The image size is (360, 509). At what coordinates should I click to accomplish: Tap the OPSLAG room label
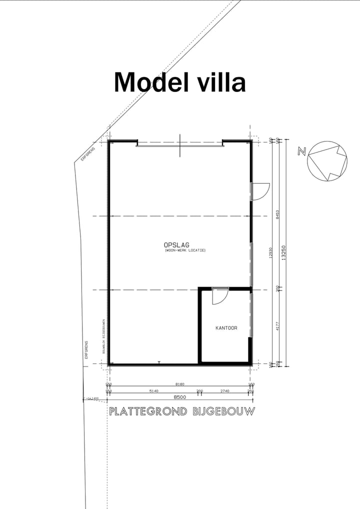point(176,244)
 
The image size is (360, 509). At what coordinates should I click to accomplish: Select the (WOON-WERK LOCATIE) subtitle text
point(184,250)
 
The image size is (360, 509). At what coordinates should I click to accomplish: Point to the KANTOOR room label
point(226,328)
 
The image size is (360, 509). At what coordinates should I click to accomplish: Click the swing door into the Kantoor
point(218,296)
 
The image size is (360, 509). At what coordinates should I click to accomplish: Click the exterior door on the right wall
point(259,191)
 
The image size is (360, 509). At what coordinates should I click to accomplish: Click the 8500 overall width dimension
point(180,397)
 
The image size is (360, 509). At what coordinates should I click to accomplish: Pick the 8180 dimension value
point(180,384)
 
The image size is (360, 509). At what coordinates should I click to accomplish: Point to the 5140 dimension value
point(153,391)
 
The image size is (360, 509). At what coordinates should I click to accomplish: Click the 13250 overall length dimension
point(283,252)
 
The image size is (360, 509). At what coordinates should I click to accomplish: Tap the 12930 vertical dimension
point(270,252)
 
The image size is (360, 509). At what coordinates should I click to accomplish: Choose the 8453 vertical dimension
point(277,214)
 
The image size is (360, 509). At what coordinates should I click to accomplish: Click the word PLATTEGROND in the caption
point(147,411)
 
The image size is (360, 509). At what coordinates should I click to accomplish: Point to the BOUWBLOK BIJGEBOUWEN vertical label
point(103,336)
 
